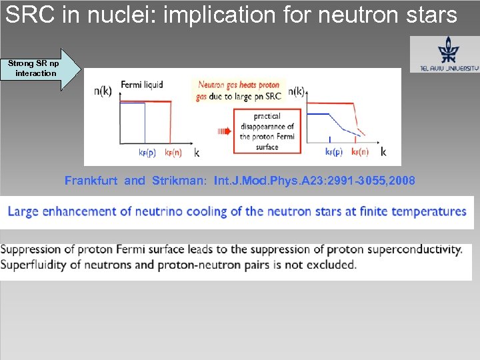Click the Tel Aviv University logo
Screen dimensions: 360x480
pos(444,54)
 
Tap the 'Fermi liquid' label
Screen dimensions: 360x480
pos(141,85)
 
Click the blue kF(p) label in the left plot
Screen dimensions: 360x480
pos(147,152)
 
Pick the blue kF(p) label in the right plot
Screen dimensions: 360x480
pos(333,152)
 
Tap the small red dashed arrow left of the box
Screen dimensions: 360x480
pos(222,131)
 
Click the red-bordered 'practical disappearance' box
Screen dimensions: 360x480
pos(267,131)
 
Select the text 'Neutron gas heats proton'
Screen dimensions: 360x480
pos(238,85)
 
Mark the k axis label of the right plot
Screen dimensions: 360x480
pos(383,152)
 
